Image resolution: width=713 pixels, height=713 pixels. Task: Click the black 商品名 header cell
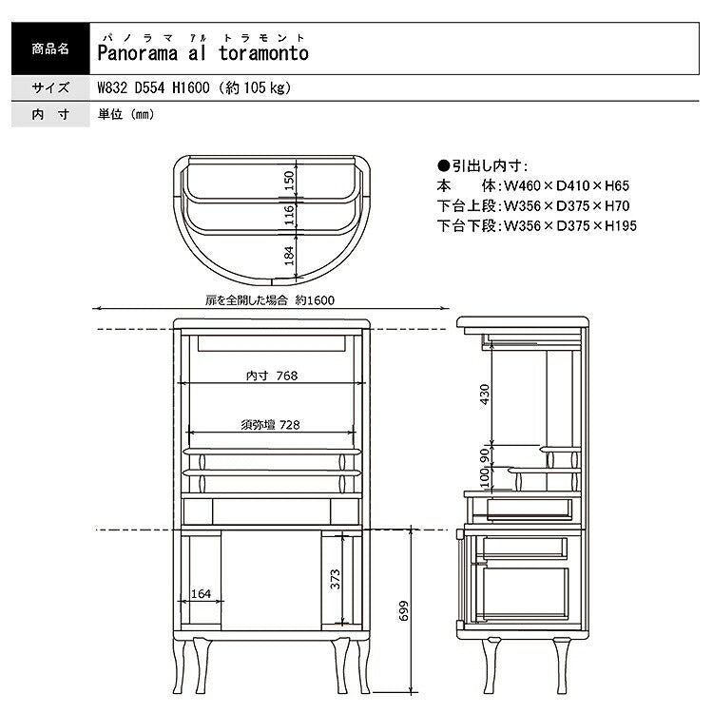(x=50, y=48)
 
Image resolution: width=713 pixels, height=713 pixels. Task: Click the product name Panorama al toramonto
(x=203, y=53)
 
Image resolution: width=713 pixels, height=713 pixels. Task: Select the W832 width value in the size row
(x=112, y=87)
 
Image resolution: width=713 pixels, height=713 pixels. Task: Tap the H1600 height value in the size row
(x=190, y=87)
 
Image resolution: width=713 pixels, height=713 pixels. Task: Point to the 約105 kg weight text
(x=255, y=87)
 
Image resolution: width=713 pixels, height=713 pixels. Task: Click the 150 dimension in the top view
(x=289, y=181)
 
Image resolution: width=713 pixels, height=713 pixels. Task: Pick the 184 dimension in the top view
(x=289, y=256)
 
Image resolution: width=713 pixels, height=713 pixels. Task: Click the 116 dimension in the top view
(x=289, y=215)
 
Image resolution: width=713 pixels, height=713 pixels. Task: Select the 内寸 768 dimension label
(x=272, y=376)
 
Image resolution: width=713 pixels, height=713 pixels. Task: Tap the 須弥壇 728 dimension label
(x=271, y=425)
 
